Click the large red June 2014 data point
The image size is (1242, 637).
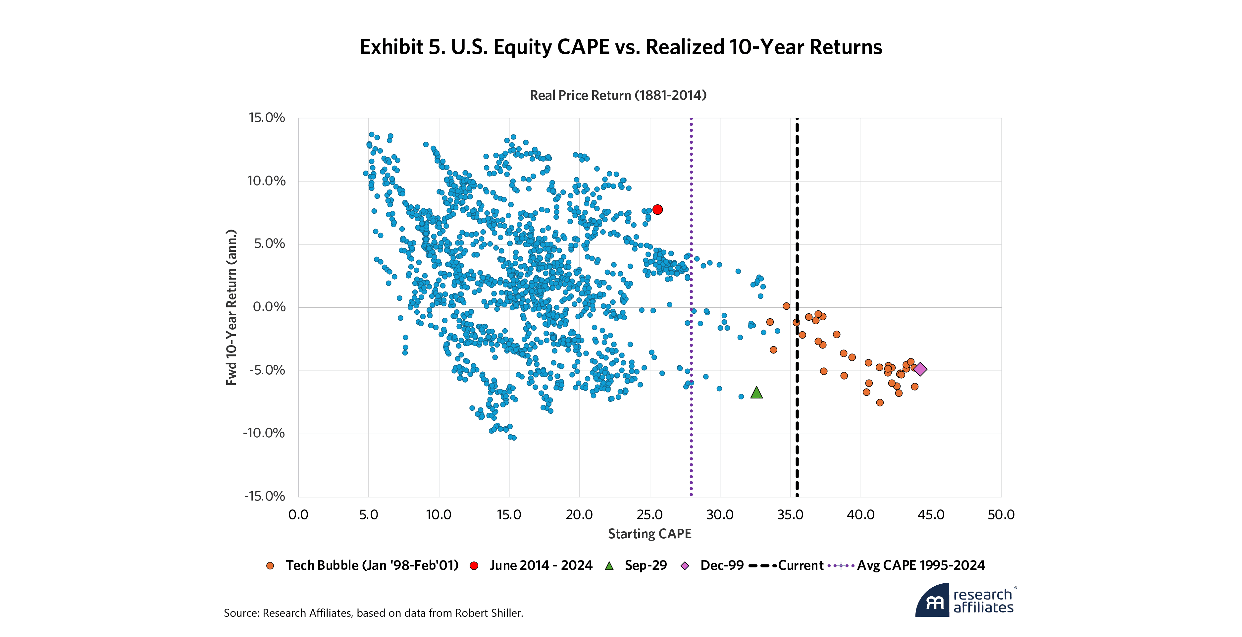pos(657,209)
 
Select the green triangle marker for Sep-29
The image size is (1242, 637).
pos(756,393)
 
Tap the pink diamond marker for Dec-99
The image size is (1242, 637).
pos(920,369)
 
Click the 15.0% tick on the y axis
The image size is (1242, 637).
pos(267,118)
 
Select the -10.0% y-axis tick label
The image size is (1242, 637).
pos(264,433)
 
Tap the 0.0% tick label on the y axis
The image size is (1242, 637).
pos(269,307)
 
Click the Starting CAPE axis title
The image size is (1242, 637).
pos(649,534)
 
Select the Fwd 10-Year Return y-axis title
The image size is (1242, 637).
pos(232,307)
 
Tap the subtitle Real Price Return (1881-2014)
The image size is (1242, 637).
pos(618,95)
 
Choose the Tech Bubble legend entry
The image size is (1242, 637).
pos(371,565)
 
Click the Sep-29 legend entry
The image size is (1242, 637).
pos(645,565)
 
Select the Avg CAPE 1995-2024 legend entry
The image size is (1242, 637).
pos(920,565)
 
